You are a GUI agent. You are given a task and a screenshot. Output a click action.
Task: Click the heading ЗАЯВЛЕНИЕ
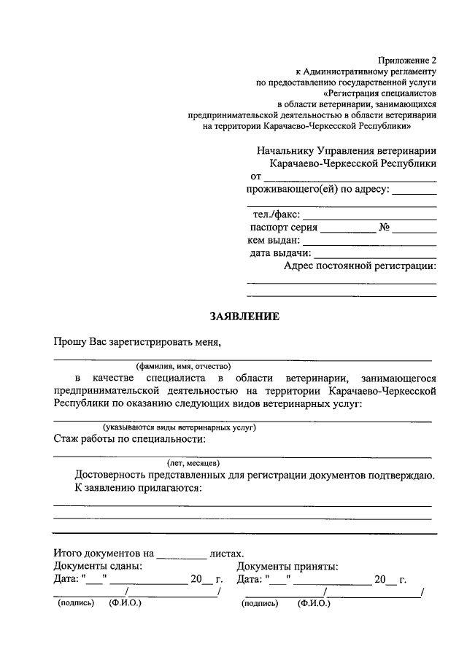[x=244, y=317]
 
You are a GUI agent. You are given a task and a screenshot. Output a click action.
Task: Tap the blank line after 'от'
[x=350, y=178]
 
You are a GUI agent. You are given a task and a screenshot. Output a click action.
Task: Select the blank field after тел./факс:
[x=369, y=217]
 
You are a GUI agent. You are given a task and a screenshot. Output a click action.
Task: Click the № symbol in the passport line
[x=384, y=228]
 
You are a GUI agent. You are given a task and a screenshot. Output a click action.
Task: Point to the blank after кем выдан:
[x=369, y=241]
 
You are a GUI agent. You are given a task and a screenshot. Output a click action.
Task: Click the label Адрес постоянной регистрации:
[x=360, y=266]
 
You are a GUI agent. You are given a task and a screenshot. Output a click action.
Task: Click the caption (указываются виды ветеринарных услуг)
[x=178, y=427]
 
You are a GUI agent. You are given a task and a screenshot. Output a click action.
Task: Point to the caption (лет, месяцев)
[x=193, y=463]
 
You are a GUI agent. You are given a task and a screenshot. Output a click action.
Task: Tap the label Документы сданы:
[x=98, y=566]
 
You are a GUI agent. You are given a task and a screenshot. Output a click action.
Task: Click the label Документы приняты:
[x=287, y=566]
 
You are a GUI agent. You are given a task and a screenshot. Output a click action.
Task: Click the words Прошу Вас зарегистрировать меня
[x=136, y=341]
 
